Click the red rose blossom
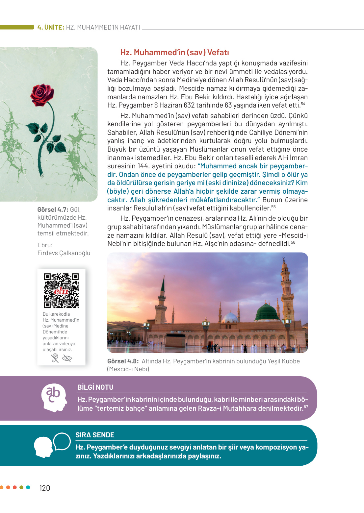pyautogui.click(x=42, y=94)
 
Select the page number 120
pyautogui.click(x=45, y=488)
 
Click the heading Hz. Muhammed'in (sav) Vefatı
pyautogui.click(x=174, y=53)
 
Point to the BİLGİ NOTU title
pyautogui.click(x=95, y=387)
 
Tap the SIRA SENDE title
pyautogui.click(x=95, y=435)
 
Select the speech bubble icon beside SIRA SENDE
pyautogui.click(x=62, y=441)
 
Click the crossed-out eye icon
pyautogui.click(x=67, y=358)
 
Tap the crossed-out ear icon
pyautogui.click(x=55, y=358)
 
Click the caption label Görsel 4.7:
pyautogui.click(x=53, y=210)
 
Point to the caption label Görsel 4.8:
pyautogui.click(x=123, y=361)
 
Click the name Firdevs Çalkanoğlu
pyautogui.click(x=64, y=253)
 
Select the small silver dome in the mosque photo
pyautogui.click(x=230, y=318)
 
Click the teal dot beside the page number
pyautogui.click(x=28, y=487)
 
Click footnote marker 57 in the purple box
pyautogui.click(x=306, y=407)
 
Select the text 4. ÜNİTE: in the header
pyautogui.click(x=51, y=27)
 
